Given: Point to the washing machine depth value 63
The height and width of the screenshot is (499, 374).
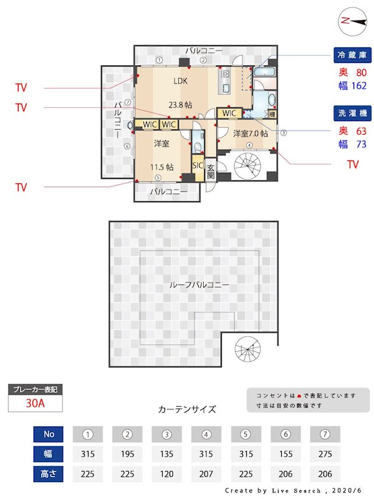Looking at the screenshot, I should [360, 131].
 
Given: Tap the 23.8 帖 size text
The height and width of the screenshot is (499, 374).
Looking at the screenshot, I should [180, 105].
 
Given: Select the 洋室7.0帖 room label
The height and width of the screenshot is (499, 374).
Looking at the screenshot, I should [251, 133].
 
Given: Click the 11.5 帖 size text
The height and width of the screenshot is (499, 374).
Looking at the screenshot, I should [161, 167].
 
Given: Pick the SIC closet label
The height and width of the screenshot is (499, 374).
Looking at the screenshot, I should [198, 166].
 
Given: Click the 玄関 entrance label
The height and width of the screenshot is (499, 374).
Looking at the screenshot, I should [211, 172].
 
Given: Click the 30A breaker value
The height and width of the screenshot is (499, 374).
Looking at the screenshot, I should [35, 403].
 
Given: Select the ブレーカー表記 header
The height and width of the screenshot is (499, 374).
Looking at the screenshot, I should [35, 390].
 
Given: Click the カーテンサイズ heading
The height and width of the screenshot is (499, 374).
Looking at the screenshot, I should [187, 410].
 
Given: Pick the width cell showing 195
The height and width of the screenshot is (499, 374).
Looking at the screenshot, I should [128, 454].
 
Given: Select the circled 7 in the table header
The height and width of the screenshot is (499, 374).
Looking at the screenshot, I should [325, 434].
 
